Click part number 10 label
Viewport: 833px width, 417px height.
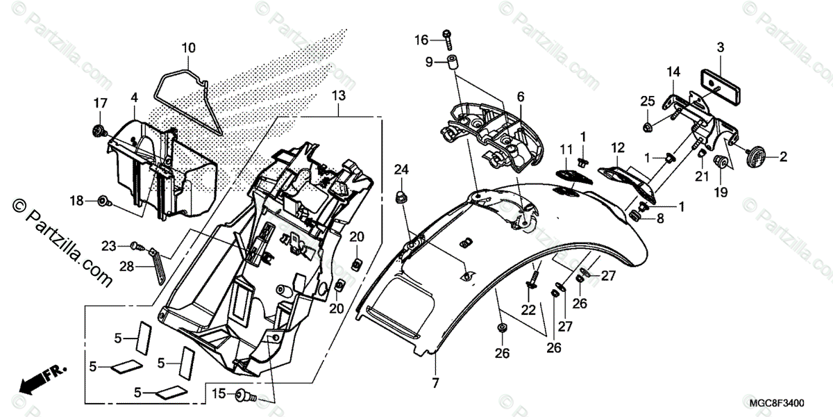pyautogui.click(x=189, y=48)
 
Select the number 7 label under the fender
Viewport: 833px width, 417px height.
pyautogui.click(x=435, y=382)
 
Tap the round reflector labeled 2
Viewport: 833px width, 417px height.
pyautogui.click(x=746, y=156)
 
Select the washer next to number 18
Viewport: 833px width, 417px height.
pyautogui.click(x=104, y=201)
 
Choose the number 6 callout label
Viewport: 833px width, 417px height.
pyautogui.click(x=520, y=97)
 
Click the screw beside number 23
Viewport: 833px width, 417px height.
pyautogui.click(x=138, y=245)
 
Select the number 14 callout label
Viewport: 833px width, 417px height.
pyautogui.click(x=673, y=72)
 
